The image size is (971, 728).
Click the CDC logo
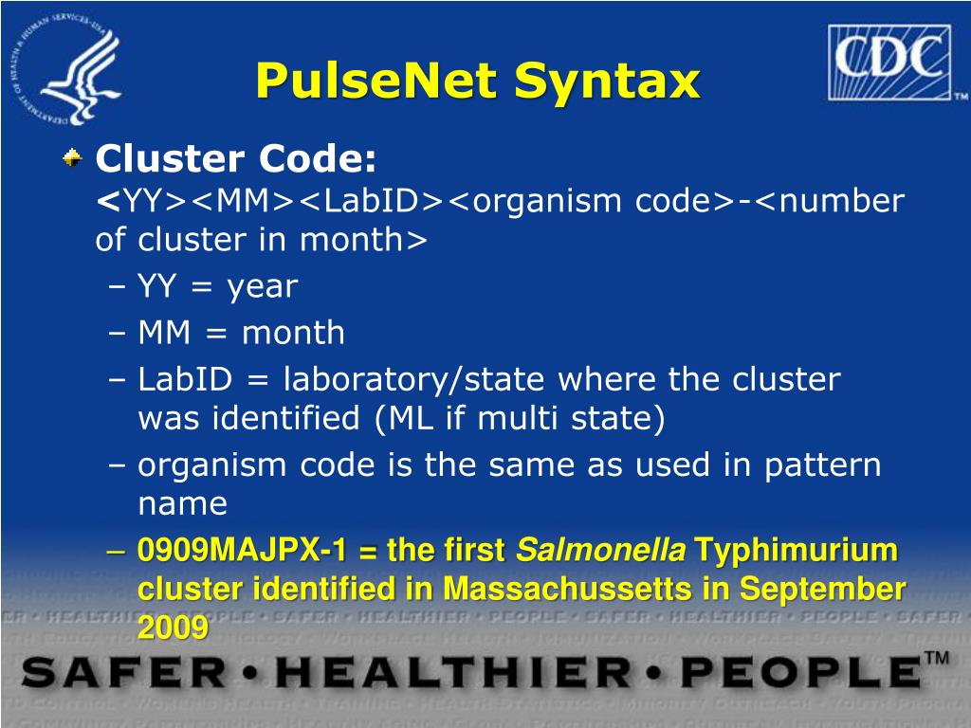click(x=896, y=63)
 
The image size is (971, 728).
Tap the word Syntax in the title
click(x=607, y=82)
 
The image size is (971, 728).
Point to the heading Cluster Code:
click(x=236, y=158)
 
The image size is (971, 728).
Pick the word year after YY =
click(x=262, y=286)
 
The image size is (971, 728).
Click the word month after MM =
click(x=293, y=333)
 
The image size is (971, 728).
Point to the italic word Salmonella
click(x=600, y=550)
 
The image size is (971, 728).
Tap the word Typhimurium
click(x=797, y=550)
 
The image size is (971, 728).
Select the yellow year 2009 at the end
click(x=173, y=627)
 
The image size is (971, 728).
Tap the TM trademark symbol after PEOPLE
click(x=937, y=659)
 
